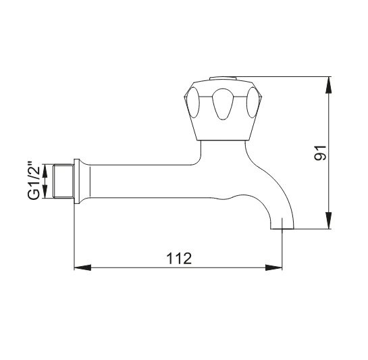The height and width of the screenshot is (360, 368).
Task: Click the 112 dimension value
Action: click(x=179, y=258)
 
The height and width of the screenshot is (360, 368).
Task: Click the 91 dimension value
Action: click(x=320, y=153)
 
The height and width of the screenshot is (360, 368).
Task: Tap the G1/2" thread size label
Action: click(x=34, y=180)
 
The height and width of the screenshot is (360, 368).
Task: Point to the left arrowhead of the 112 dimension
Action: click(x=82, y=267)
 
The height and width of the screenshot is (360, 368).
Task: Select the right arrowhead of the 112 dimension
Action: click(x=273, y=267)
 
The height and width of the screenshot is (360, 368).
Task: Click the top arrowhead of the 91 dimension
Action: click(x=329, y=85)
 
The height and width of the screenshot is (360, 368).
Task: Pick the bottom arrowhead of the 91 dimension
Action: click(x=329, y=220)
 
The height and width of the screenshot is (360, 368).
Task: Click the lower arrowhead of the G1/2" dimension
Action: click(x=45, y=192)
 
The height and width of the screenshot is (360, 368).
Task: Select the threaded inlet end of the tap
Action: click(x=63, y=181)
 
